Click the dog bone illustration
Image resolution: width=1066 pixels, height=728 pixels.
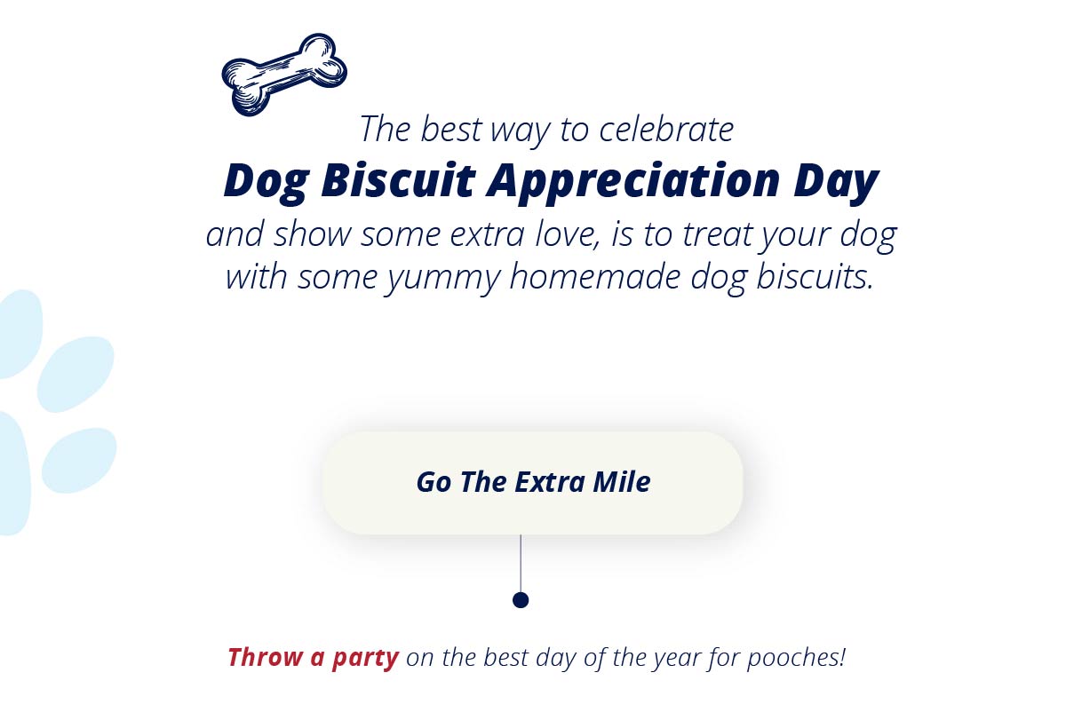tap(284, 75)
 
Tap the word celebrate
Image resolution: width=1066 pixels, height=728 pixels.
tap(666, 129)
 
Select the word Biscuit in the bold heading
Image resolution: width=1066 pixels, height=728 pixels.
tap(398, 180)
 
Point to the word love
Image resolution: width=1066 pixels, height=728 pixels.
tap(567, 234)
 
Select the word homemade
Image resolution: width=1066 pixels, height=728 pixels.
tap(595, 277)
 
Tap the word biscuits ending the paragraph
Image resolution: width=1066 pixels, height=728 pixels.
tap(815, 276)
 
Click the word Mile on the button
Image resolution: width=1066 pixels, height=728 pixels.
tap(622, 482)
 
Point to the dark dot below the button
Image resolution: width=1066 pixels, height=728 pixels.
tap(521, 600)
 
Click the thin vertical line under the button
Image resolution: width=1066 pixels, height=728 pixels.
tap(521, 564)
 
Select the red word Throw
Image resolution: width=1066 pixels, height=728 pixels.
tap(265, 657)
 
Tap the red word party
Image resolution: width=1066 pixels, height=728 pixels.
tap(365, 659)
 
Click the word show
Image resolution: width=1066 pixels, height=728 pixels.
tap(312, 234)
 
